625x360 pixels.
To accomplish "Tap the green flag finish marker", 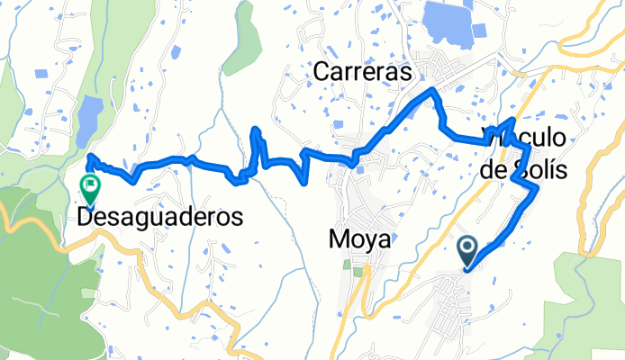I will click(91, 188).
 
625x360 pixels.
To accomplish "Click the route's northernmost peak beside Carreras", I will click(434, 90).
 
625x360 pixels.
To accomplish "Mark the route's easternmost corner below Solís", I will click(538, 187).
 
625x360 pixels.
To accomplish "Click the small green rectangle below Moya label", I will click(358, 270).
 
